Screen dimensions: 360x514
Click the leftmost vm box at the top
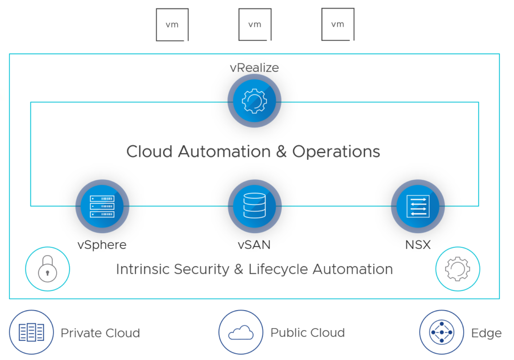pos(172,25)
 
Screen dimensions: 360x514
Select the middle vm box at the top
pos(255,25)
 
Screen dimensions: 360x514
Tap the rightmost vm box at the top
pos(337,25)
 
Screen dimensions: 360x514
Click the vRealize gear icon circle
pos(254,101)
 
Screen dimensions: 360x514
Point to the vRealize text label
pos(254,68)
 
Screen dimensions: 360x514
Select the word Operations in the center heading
pos(336,151)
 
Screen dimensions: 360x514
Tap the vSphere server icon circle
pos(102,206)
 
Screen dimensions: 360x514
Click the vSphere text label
pos(102,245)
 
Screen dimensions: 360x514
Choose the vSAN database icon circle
pos(255,206)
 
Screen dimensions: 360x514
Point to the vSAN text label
pos(255,245)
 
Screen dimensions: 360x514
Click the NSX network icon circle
pos(418,206)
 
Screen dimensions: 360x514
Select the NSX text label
pos(418,245)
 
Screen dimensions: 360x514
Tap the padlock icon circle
pos(47,269)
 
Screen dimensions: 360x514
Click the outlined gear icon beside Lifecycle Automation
pos(457,269)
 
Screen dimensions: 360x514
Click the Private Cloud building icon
pos(31,332)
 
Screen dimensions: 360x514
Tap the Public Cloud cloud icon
pos(241,332)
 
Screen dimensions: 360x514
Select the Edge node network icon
pos(442,332)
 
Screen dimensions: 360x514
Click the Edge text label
pos(486,333)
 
